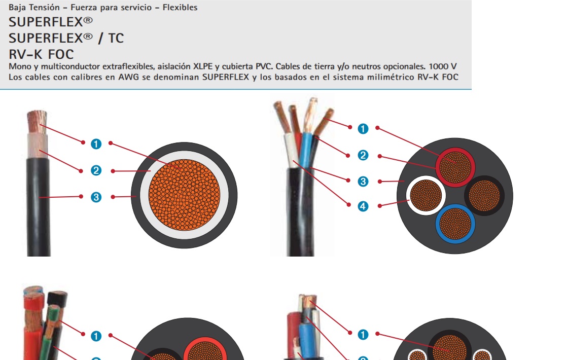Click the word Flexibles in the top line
coord(180,8)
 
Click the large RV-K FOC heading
coord(41,54)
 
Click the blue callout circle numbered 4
coord(363,206)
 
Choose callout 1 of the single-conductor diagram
coord(96,144)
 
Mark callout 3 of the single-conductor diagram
coord(96,197)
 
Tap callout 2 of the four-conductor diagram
coord(363,155)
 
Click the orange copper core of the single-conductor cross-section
coord(184,195)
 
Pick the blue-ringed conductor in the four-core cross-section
coord(455,223)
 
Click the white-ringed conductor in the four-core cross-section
coord(425,196)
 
